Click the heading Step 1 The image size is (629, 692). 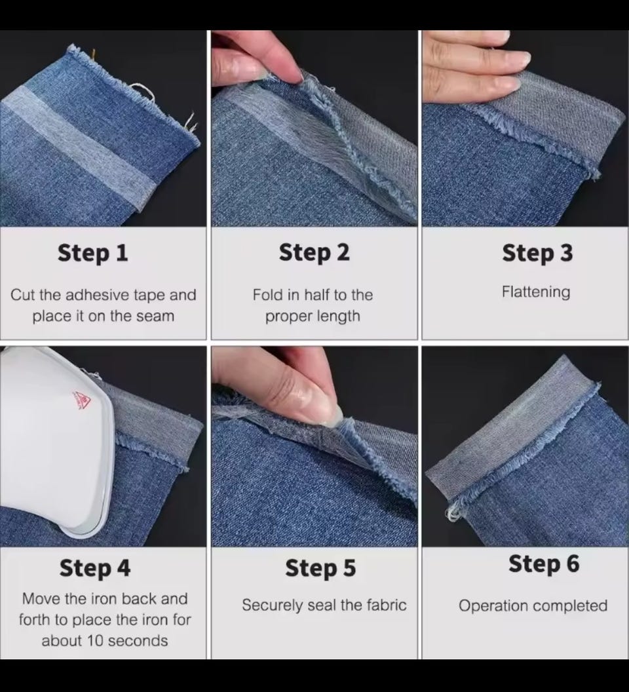pos(92,254)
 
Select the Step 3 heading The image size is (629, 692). pos(537,254)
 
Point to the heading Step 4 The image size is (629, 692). pos(95,568)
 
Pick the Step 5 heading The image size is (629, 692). pos(320,568)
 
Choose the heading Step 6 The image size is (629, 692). pos(544,564)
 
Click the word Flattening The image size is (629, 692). pos(536,292)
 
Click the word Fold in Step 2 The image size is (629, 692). pos(264,295)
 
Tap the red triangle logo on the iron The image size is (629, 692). pos(82,399)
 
